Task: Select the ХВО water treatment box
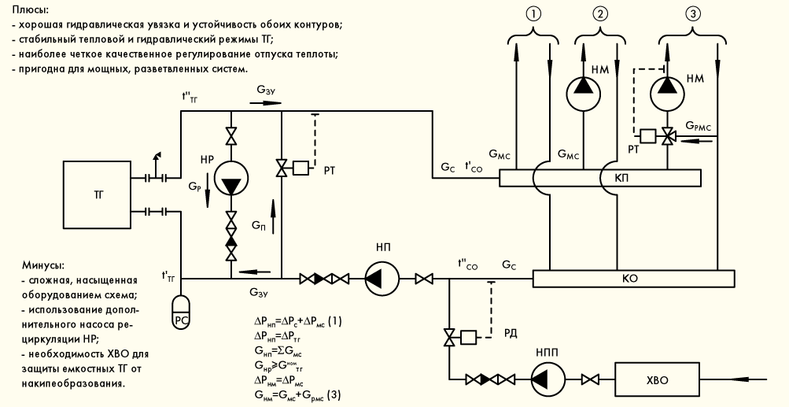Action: tap(657, 379)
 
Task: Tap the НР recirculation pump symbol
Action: tap(231, 178)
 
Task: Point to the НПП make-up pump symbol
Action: tap(548, 379)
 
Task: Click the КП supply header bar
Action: tap(599, 178)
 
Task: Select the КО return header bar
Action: tap(633, 278)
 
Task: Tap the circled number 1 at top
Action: tap(533, 14)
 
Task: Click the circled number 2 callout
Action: tap(599, 14)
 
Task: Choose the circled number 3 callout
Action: tap(692, 14)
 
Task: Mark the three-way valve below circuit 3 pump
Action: tap(668, 136)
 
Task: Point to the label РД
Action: tap(511, 334)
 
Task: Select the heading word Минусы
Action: tap(43, 265)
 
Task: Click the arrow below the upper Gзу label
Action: tap(265, 102)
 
